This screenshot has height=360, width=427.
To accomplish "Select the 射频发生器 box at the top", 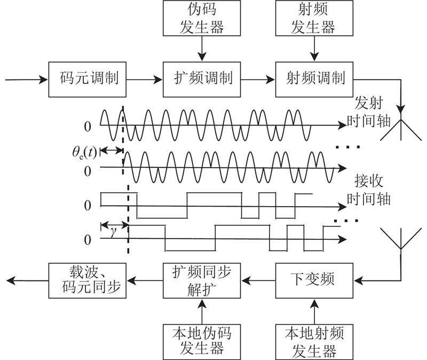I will (x=313, y=18).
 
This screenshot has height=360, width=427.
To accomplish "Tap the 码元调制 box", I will (x=87, y=80).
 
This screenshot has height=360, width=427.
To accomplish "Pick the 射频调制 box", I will (x=313, y=80).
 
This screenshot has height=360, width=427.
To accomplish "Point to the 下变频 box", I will (x=313, y=280).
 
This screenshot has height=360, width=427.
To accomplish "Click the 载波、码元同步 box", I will (x=87, y=280).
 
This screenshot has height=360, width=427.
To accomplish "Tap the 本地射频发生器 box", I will (x=313, y=340).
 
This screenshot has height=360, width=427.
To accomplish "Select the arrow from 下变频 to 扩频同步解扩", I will (x=257, y=280).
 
